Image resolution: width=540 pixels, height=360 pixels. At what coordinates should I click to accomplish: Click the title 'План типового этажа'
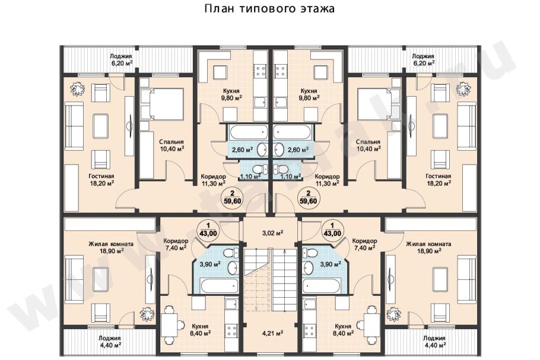(269, 9)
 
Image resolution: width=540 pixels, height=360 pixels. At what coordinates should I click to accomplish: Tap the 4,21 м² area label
(272, 332)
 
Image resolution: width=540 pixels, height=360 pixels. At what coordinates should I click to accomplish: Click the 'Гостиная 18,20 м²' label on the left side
(102, 179)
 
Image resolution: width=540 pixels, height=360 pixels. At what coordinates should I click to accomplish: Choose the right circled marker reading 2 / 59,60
(308, 197)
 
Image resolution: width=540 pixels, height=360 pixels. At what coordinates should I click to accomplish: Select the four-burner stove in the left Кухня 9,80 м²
(260, 71)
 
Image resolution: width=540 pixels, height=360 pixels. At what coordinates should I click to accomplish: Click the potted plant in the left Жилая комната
(144, 314)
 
